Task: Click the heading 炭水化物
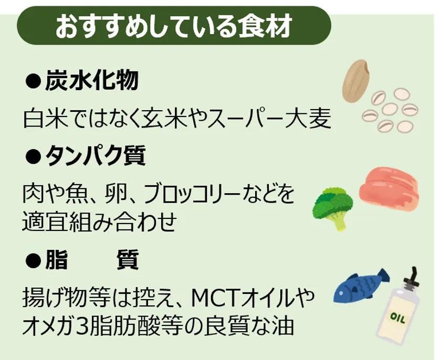(x=92, y=80)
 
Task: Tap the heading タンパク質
(x=96, y=155)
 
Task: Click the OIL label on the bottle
(x=398, y=319)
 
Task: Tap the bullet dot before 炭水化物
(x=34, y=80)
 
